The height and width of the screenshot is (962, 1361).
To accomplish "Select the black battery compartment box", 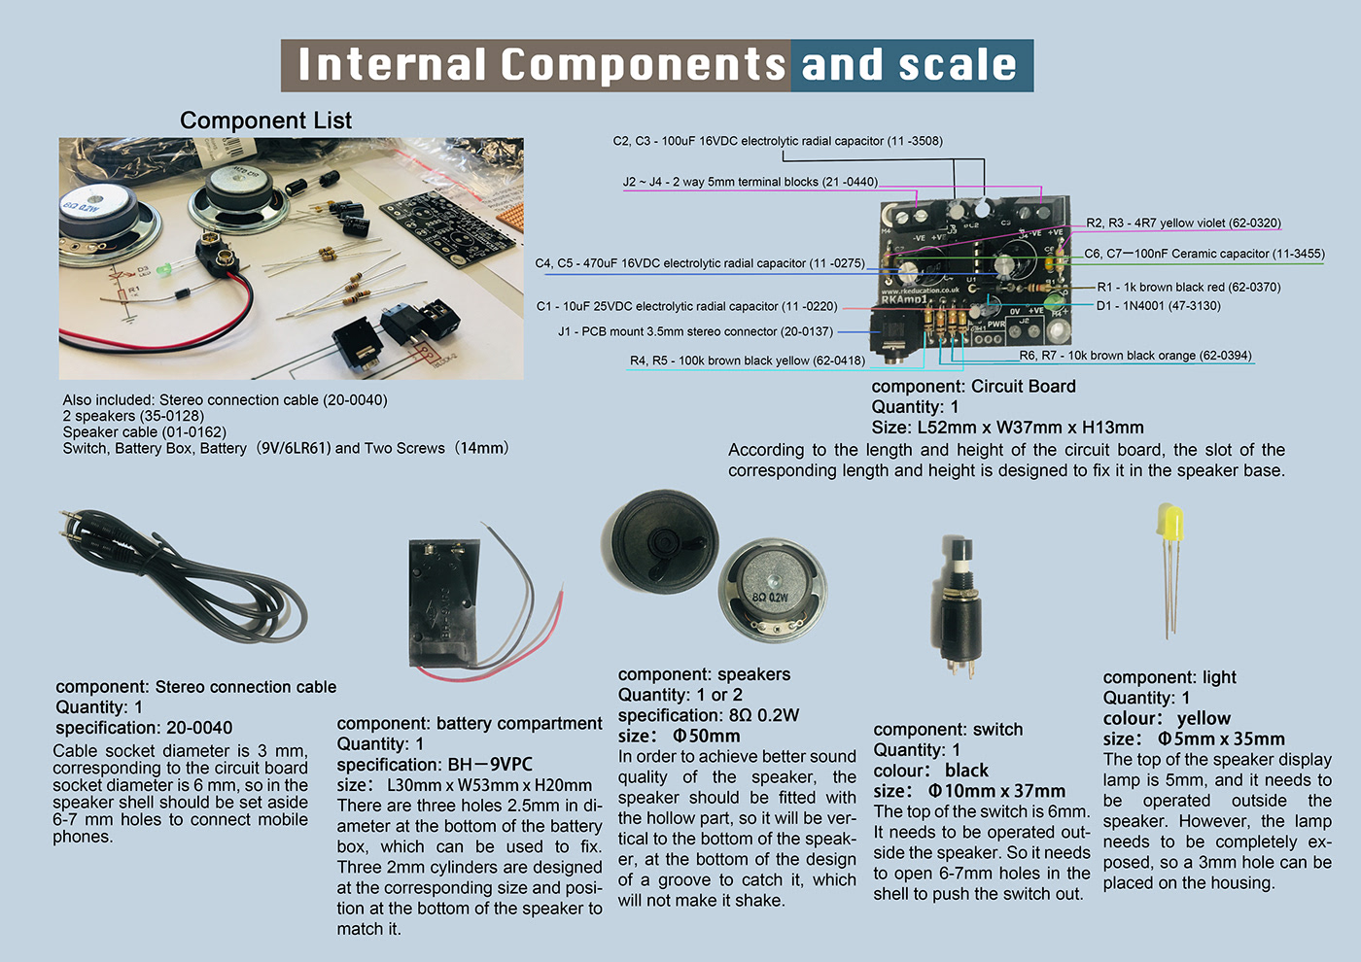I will (x=444, y=607).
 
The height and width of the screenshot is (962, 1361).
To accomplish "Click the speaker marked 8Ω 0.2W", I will (x=772, y=591).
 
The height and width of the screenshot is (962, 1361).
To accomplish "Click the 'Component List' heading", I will (x=265, y=120).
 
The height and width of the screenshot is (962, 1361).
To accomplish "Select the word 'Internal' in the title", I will (x=393, y=65).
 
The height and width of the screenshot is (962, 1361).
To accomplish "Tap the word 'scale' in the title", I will (x=958, y=65).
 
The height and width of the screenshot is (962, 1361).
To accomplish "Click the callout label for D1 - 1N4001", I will (x=1158, y=306).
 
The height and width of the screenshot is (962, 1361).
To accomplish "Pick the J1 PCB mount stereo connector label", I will (x=695, y=331).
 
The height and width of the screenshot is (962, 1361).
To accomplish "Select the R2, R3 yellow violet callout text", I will (x=1183, y=223).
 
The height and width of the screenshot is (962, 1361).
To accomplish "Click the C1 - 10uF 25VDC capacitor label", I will (x=686, y=306).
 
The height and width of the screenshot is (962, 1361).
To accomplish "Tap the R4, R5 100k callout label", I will (x=747, y=361).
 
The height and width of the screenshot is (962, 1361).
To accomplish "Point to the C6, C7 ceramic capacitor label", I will (x=1204, y=254).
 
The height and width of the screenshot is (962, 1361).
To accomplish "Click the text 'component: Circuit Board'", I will (x=973, y=387).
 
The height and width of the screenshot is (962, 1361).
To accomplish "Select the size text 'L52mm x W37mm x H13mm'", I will (x=1030, y=428).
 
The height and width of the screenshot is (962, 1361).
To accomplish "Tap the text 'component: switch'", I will (x=948, y=730).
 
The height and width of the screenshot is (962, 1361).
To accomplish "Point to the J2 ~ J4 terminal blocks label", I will (x=750, y=182).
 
